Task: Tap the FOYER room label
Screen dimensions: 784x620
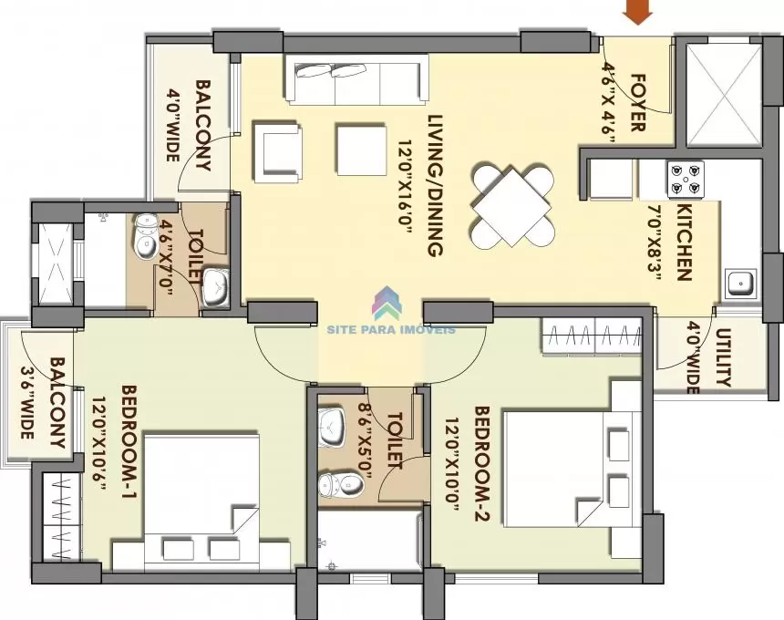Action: (637, 102)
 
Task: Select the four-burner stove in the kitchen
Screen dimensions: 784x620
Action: (685, 179)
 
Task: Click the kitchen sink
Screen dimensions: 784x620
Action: (740, 284)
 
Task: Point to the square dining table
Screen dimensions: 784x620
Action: (511, 207)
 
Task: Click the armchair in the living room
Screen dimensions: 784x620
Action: (278, 152)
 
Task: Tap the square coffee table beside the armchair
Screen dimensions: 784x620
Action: (362, 150)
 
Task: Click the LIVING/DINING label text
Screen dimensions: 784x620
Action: (436, 186)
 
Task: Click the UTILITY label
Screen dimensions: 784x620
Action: (724, 357)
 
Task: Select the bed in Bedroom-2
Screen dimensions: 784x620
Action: (573, 469)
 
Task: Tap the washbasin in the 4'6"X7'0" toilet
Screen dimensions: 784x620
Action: (215, 287)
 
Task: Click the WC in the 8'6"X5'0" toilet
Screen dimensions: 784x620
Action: (341, 484)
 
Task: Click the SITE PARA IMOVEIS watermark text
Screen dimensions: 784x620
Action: (391, 329)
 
